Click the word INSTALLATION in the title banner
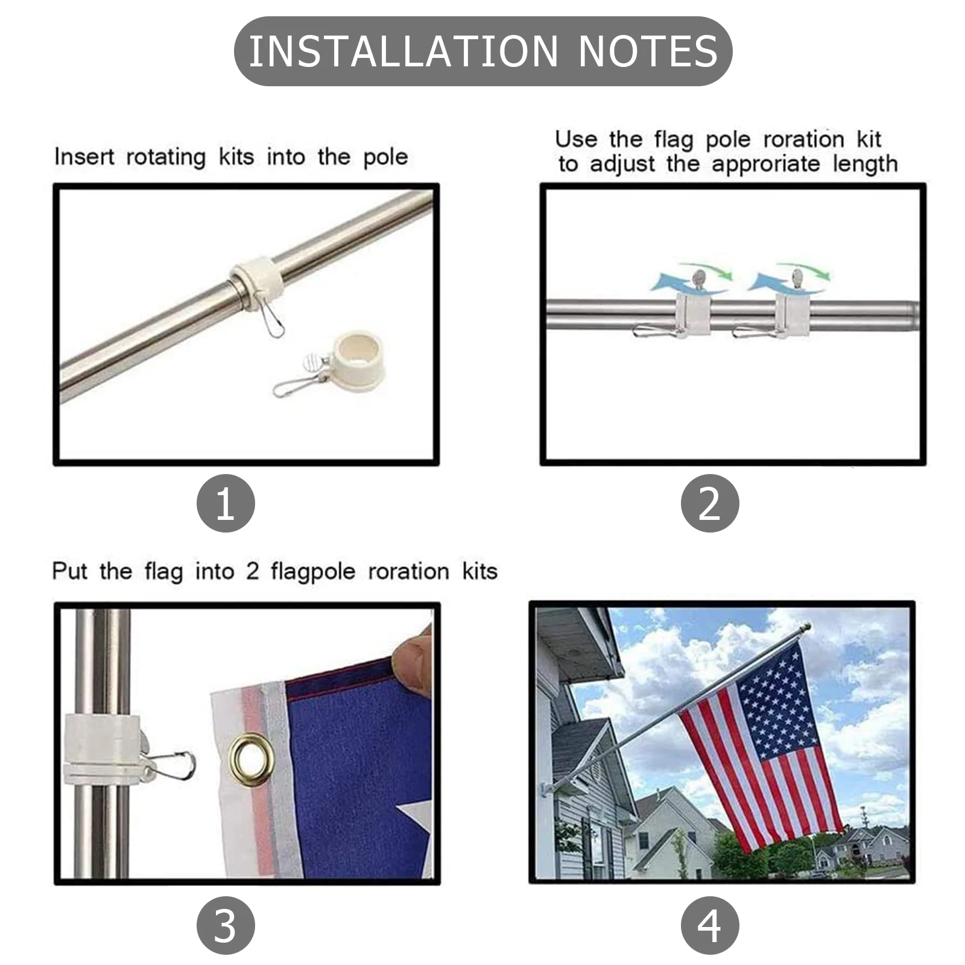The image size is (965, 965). [x=403, y=51]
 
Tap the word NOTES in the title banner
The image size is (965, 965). [x=648, y=51]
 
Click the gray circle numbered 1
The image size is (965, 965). [x=226, y=504]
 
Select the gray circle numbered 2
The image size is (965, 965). [x=710, y=504]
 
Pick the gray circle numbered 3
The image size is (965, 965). [x=226, y=925]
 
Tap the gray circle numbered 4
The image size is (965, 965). [x=710, y=925]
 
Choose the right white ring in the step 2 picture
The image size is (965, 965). [x=792, y=315]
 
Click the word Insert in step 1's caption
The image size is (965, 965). [x=84, y=157]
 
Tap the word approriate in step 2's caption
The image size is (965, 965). [x=766, y=164]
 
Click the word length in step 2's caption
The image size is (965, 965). [x=865, y=164]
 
